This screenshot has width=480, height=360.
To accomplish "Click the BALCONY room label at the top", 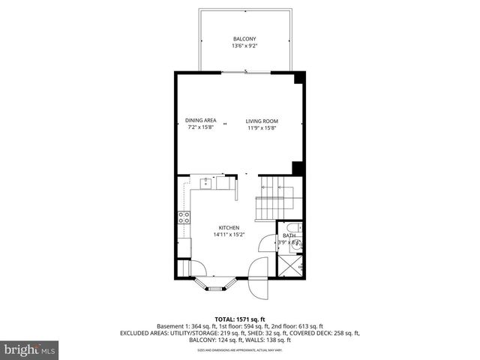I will click(x=243, y=39).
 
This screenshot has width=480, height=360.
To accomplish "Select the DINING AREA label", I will click(x=201, y=121).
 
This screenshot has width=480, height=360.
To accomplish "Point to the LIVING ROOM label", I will click(x=262, y=121).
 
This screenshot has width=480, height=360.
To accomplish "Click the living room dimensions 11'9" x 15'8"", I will click(x=262, y=127).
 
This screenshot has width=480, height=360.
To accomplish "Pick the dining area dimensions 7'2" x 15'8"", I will click(x=201, y=127).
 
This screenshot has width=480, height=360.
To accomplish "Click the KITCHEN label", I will click(x=229, y=227).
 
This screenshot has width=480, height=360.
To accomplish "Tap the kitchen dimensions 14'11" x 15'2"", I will click(x=229, y=234).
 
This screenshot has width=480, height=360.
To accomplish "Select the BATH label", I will click(x=289, y=235).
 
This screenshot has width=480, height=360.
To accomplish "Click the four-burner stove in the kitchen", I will click(x=183, y=218).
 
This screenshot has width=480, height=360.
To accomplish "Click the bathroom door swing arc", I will click(x=267, y=244).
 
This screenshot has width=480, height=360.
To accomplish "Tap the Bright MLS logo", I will click(x=30, y=349).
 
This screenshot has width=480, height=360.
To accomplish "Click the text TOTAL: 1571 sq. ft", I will click(x=239, y=318).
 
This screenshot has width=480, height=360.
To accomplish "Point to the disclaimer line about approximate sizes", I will click(x=239, y=350).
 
